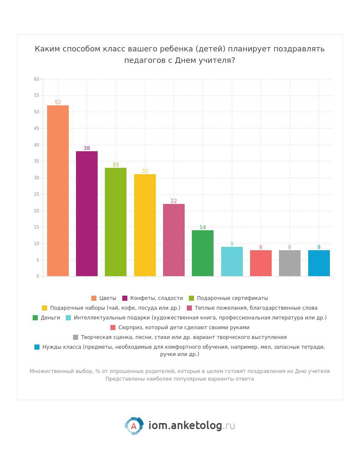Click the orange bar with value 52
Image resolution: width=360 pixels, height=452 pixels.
coord(58,191)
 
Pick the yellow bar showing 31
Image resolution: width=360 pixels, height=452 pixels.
coord(145,225)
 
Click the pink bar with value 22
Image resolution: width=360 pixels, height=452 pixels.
coord(174,240)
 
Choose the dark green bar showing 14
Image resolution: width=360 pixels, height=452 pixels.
coord(202,253)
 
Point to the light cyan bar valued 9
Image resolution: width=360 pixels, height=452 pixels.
coord(232,262)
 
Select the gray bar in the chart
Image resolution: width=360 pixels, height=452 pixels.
coord(290,263)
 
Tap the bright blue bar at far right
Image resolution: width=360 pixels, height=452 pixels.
coord(319,263)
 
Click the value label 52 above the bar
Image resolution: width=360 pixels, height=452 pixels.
coord(58,102)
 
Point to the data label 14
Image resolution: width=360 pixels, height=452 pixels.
coord(202,227)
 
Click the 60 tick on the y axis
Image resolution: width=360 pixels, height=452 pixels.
coord(37,79)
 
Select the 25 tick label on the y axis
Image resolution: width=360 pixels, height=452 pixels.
coord(37,194)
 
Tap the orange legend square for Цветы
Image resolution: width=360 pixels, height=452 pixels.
coord(94,298)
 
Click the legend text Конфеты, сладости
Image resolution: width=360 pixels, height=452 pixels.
coord(156,298)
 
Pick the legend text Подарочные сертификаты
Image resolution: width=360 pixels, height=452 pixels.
coord(232,298)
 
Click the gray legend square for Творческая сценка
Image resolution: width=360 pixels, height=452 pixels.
coord(76,337)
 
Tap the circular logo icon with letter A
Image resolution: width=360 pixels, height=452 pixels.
coord(134,426)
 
